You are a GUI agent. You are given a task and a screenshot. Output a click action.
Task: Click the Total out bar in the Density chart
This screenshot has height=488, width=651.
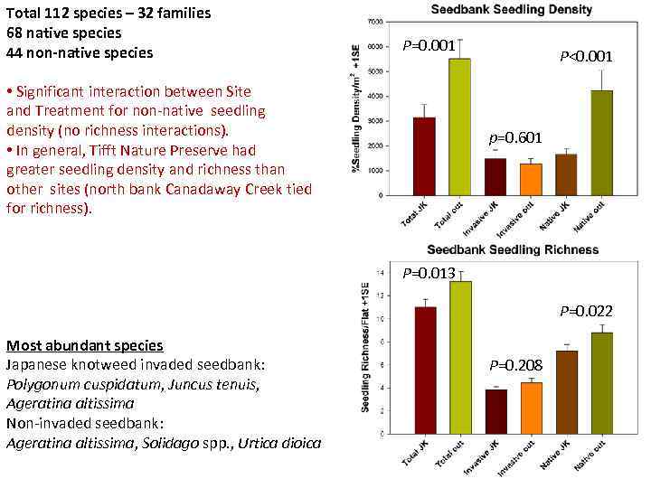[x=459, y=127]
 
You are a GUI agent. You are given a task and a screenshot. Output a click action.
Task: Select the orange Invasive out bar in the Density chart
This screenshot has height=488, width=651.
[x=531, y=179]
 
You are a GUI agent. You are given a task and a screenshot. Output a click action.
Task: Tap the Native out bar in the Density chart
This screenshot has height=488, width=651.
[x=602, y=143]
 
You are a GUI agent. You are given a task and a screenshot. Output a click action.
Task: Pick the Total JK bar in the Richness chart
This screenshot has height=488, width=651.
[x=425, y=371]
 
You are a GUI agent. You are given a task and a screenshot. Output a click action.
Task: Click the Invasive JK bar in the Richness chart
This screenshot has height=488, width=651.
[x=495, y=411]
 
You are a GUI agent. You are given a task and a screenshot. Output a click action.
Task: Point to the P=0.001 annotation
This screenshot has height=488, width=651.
[x=429, y=45]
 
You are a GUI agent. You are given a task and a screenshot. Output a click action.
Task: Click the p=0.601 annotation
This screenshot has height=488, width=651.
[x=515, y=138]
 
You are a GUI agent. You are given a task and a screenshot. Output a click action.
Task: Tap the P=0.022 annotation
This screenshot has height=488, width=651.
[x=586, y=311]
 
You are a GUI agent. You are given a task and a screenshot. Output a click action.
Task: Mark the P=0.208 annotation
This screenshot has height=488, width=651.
[x=515, y=365]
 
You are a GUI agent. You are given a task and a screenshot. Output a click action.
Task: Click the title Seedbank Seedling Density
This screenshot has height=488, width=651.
[x=512, y=10]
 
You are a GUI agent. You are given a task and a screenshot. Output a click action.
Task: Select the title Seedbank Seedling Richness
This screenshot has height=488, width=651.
[x=512, y=249]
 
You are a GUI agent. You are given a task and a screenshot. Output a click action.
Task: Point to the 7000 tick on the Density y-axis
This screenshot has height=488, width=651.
[x=375, y=21]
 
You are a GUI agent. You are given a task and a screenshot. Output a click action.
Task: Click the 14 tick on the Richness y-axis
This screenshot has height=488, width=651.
[x=382, y=272]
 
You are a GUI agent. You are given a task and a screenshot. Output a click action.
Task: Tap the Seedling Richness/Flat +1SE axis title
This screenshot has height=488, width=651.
[x=365, y=348]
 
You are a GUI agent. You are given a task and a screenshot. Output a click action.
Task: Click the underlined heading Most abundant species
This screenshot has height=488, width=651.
[x=85, y=345]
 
